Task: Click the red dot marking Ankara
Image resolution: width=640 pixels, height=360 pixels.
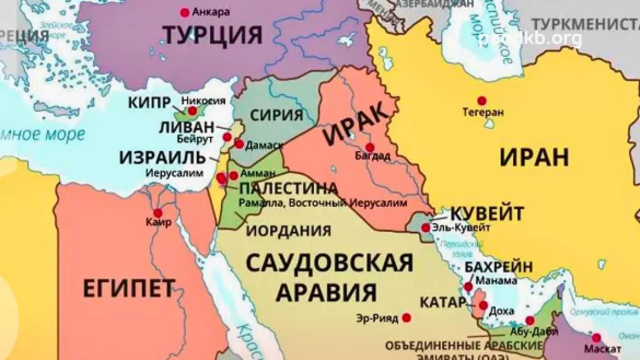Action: coord(185,11)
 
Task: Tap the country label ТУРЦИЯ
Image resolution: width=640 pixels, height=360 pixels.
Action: coord(213,35)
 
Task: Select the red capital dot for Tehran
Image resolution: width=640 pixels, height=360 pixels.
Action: coord(481,100)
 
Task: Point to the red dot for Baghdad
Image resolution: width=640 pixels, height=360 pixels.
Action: coord(370,147)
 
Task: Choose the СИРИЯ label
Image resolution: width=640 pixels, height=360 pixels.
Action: coord(276,115)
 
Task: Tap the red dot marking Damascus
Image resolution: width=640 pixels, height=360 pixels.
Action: coord(239,144)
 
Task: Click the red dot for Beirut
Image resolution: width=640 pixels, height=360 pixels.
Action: coord(227,137)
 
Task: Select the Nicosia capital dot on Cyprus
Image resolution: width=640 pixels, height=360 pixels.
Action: coord(192,111)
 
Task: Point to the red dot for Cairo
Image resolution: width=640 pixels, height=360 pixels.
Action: coord(158,212)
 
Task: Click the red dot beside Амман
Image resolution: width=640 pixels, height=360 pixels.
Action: coord(233,175)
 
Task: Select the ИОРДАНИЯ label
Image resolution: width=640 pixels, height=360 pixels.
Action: coord(289,230)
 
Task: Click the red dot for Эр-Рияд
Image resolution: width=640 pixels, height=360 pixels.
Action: coord(407,317)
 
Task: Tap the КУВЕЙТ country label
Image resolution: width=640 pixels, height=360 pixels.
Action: coord(487,213)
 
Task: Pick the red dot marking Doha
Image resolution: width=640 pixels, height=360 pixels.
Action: coord(483,305)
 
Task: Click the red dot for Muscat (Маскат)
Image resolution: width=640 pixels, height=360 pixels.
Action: coord(596,337)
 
